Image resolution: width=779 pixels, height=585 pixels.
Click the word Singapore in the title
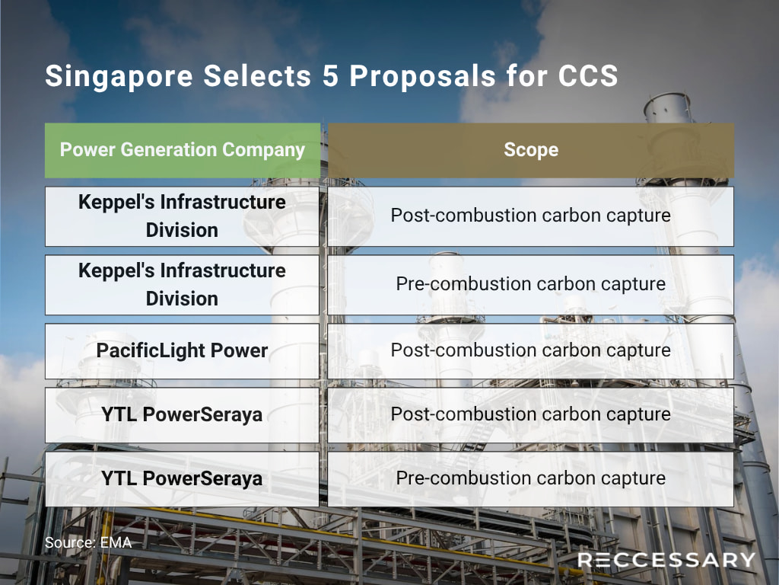119,77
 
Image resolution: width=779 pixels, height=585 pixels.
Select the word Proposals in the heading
423,77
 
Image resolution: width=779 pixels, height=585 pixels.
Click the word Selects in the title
257,76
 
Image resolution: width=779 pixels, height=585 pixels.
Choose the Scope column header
531,150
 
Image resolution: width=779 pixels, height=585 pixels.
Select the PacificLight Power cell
182,350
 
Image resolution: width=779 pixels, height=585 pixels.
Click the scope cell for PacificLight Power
530,350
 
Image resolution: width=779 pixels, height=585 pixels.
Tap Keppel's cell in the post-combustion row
182,216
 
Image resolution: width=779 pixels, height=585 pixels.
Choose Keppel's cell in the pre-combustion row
182,285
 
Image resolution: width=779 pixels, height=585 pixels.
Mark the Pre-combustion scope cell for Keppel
530,285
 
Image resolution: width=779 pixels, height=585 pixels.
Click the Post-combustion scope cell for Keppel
530,216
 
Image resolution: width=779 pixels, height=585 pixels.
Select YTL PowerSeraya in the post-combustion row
182,415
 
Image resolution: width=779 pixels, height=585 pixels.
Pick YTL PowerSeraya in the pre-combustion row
182,479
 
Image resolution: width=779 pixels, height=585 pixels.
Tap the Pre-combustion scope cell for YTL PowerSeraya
530,479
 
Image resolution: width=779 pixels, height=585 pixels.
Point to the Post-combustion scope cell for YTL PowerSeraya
530,415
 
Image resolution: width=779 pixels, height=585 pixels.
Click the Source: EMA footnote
88,542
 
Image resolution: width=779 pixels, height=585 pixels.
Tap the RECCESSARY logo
666,560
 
